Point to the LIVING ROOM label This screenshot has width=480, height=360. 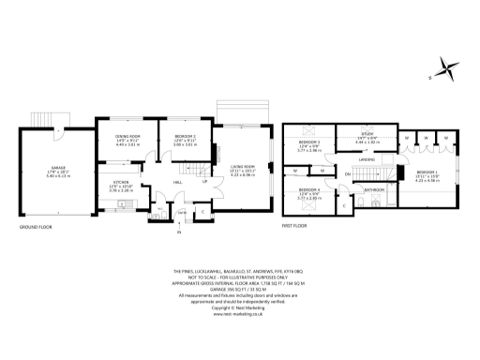click(243, 170)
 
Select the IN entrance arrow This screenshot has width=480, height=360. click(178, 231)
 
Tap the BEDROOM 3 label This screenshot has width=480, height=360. click(310, 142)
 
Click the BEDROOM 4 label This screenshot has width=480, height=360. click(310, 192)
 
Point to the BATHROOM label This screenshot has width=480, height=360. click(375, 188)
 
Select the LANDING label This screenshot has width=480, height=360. click(367, 159)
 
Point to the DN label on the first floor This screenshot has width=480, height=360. click(346, 174)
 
